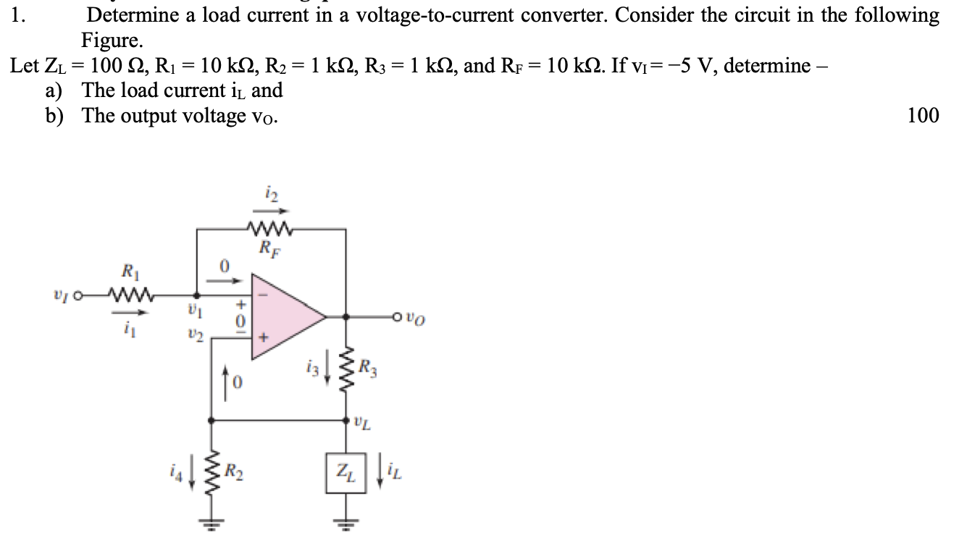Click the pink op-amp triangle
[282, 316]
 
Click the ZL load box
[346, 473]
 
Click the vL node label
[364, 421]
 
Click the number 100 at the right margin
[923, 115]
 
